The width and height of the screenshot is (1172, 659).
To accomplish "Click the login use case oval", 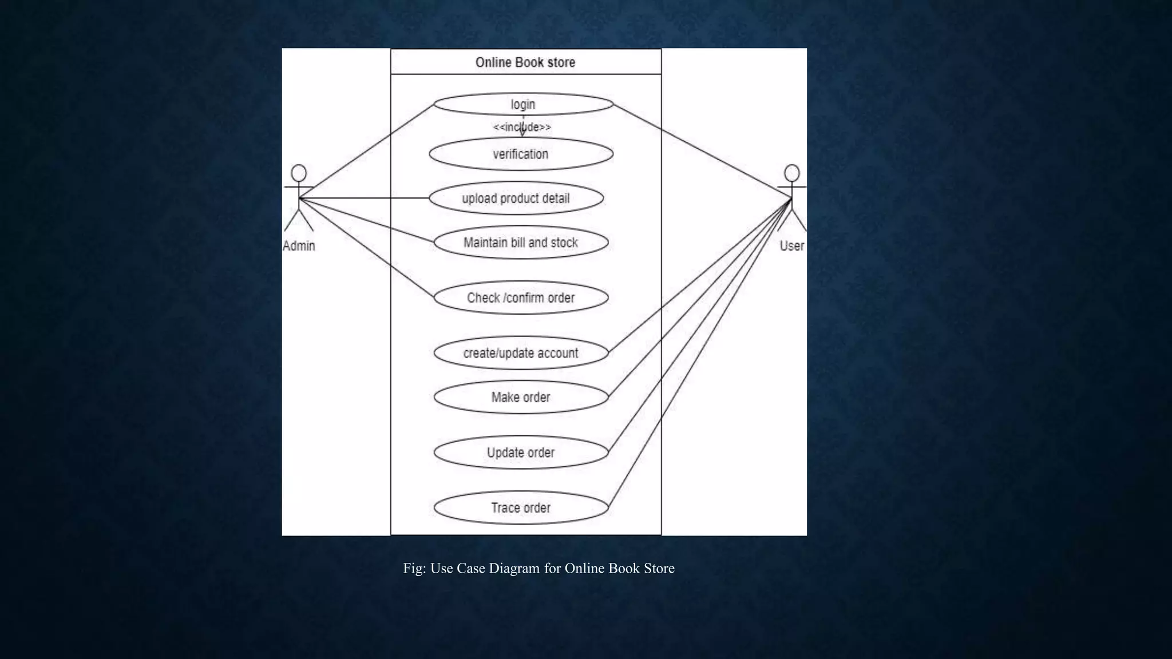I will point(523,105).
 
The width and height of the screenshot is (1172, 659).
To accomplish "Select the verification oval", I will point(521,154).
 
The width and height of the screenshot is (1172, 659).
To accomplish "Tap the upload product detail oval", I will point(516,199).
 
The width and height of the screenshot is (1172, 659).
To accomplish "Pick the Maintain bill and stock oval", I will point(521,243).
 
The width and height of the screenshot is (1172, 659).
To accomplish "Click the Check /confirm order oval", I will point(521,297).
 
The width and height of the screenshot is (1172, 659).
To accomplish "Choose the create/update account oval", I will point(521,353).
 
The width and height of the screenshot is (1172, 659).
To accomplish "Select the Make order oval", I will point(521,397).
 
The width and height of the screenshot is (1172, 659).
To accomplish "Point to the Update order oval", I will point(521,452).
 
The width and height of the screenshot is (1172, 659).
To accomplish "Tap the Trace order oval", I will point(521,508).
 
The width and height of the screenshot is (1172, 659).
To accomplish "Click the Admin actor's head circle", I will point(299,173).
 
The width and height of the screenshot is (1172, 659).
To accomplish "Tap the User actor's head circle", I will point(792,173).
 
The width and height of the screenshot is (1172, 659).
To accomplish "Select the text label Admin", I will point(299,246).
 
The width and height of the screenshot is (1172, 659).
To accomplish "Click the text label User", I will point(792,246).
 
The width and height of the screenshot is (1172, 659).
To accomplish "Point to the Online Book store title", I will point(525,62).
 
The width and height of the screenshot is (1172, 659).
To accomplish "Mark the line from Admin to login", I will point(366,152).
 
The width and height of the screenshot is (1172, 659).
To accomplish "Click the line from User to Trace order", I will point(699,353).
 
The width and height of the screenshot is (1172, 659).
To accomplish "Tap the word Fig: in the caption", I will point(414,568).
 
